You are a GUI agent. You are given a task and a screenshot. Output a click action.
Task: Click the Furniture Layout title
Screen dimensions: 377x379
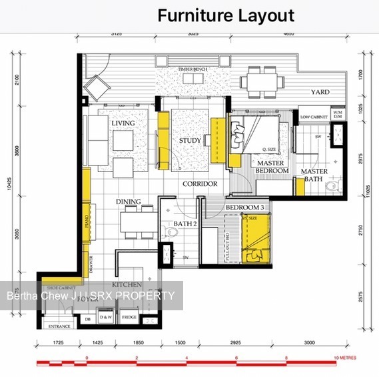[226, 15]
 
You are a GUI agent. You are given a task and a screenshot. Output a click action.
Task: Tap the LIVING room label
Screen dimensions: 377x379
[123, 123]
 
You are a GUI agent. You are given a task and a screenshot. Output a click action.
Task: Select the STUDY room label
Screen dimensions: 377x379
[190, 141]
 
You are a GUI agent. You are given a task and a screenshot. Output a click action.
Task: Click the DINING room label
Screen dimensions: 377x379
[129, 201]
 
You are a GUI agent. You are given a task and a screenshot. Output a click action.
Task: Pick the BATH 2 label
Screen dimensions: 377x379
[186, 224]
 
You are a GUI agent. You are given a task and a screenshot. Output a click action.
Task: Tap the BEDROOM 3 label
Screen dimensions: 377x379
[244, 208]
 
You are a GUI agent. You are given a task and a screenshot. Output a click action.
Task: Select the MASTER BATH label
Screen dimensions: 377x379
[314, 175]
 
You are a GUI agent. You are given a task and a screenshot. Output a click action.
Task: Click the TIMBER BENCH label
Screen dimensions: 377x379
[194, 69]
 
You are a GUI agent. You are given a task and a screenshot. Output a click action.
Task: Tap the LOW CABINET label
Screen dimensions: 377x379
[312, 117]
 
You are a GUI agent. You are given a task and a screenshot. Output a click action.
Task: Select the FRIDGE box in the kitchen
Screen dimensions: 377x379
[129, 317]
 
